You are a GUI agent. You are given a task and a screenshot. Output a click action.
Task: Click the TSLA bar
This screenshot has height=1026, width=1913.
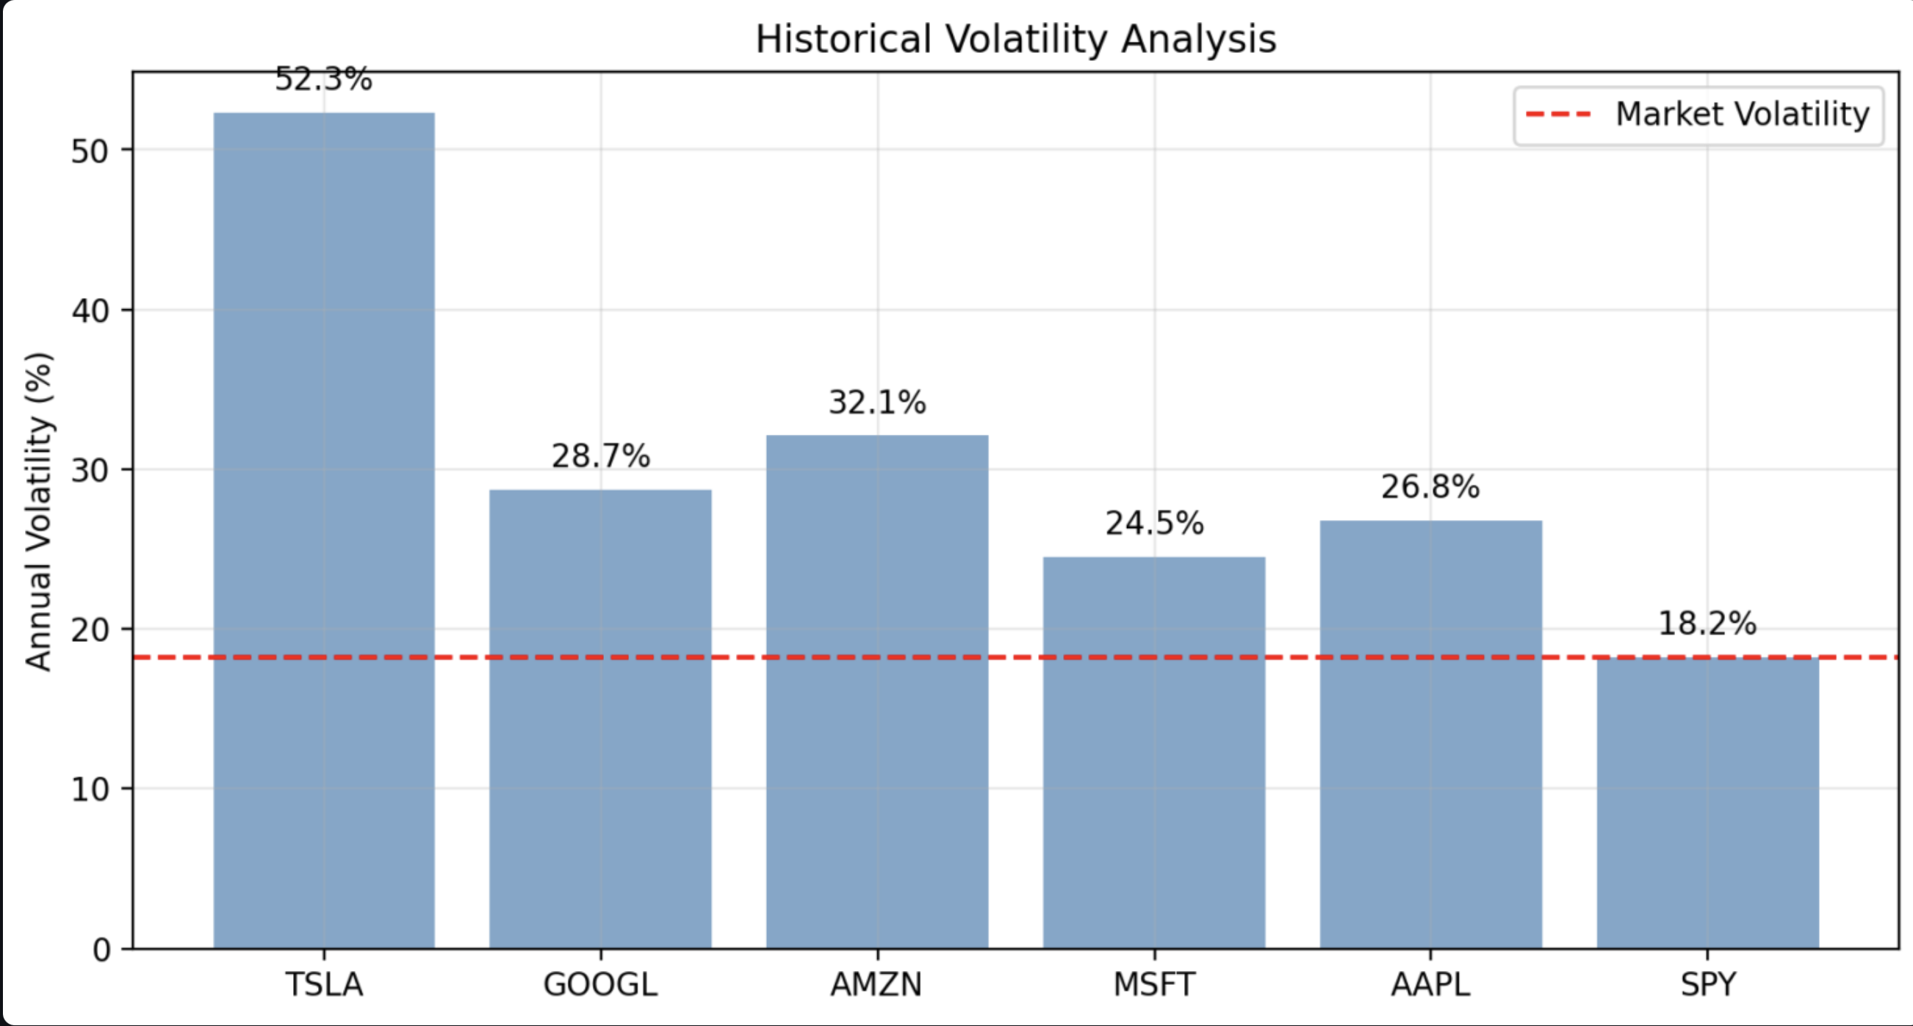pyautogui.click(x=324, y=530)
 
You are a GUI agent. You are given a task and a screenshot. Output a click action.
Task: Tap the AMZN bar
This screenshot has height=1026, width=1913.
pyautogui.click(x=877, y=691)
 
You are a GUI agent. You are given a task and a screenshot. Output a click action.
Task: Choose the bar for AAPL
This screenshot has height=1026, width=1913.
pyautogui.click(x=1430, y=734)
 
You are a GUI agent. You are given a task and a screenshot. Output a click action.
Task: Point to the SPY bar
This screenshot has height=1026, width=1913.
pyautogui.click(x=1707, y=803)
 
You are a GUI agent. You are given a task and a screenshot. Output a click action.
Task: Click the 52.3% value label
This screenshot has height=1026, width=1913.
pyautogui.click(x=324, y=79)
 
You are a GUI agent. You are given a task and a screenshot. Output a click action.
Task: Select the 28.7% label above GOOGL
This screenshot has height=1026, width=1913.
pyautogui.click(x=600, y=456)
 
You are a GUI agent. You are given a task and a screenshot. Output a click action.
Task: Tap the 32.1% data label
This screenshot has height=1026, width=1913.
pyautogui.click(x=877, y=402)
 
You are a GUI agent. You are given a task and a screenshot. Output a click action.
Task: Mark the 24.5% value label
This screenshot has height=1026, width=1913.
pyautogui.click(x=1154, y=524)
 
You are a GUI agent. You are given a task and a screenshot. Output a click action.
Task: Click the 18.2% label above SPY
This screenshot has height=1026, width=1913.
pyautogui.click(x=1707, y=623)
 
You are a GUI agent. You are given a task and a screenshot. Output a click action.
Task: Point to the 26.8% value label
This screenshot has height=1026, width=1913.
pyautogui.click(x=1430, y=487)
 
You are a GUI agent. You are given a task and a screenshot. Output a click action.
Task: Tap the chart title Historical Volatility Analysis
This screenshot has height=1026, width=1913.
pyautogui.click(x=1015, y=40)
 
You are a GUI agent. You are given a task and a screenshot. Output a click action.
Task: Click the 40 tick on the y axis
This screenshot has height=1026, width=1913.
pyautogui.click(x=90, y=311)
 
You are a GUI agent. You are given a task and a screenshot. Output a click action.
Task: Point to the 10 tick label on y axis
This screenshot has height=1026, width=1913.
pyautogui.click(x=90, y=790)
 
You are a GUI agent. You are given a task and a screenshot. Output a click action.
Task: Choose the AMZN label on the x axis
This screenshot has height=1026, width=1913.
pyautogui.click(x=877, y=985)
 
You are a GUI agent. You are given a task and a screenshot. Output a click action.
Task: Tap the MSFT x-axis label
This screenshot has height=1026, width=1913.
pyautogui.click(x=1154, y=985)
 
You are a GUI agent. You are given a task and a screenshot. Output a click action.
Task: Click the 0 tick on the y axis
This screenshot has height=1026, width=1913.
pyautogui.click(x=101, y=950)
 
